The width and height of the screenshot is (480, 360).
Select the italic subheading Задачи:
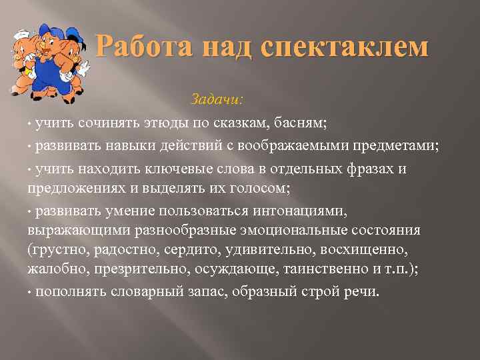[217, 99]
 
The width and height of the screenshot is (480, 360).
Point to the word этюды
[160, 123]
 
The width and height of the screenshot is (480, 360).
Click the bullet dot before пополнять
[30, 292]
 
